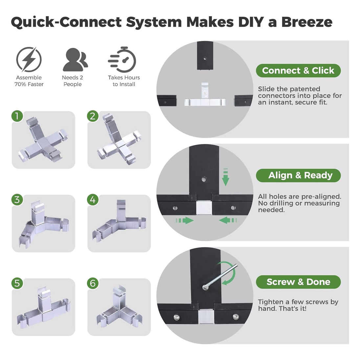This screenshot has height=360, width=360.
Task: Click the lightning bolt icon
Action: point(29,59)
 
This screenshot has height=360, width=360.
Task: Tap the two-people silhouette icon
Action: point(75,59)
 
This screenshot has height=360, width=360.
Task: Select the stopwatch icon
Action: point(123,59)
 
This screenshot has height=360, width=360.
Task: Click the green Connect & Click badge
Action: point(298,71)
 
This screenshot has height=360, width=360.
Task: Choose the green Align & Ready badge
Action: point(298,175)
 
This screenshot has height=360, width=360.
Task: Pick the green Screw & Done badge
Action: point(298,282)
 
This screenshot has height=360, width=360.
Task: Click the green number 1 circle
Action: point(17,116)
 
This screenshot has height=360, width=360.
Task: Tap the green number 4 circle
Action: point(93,199)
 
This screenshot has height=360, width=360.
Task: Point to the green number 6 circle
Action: point(93,283)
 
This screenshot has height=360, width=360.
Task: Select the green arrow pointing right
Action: point(185,220)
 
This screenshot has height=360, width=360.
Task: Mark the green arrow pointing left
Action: point(228,220)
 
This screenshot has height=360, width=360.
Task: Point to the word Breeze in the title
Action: point(307,22)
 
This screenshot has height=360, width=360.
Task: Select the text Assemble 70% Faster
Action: point(29,81)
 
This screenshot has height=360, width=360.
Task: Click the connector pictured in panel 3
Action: point(44,224)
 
